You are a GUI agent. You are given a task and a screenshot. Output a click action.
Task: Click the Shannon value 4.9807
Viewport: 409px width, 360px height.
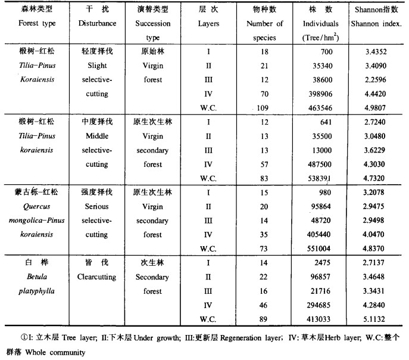coord(379,108)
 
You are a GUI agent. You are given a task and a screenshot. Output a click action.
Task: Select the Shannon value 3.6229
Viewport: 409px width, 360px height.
coord(379,150)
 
